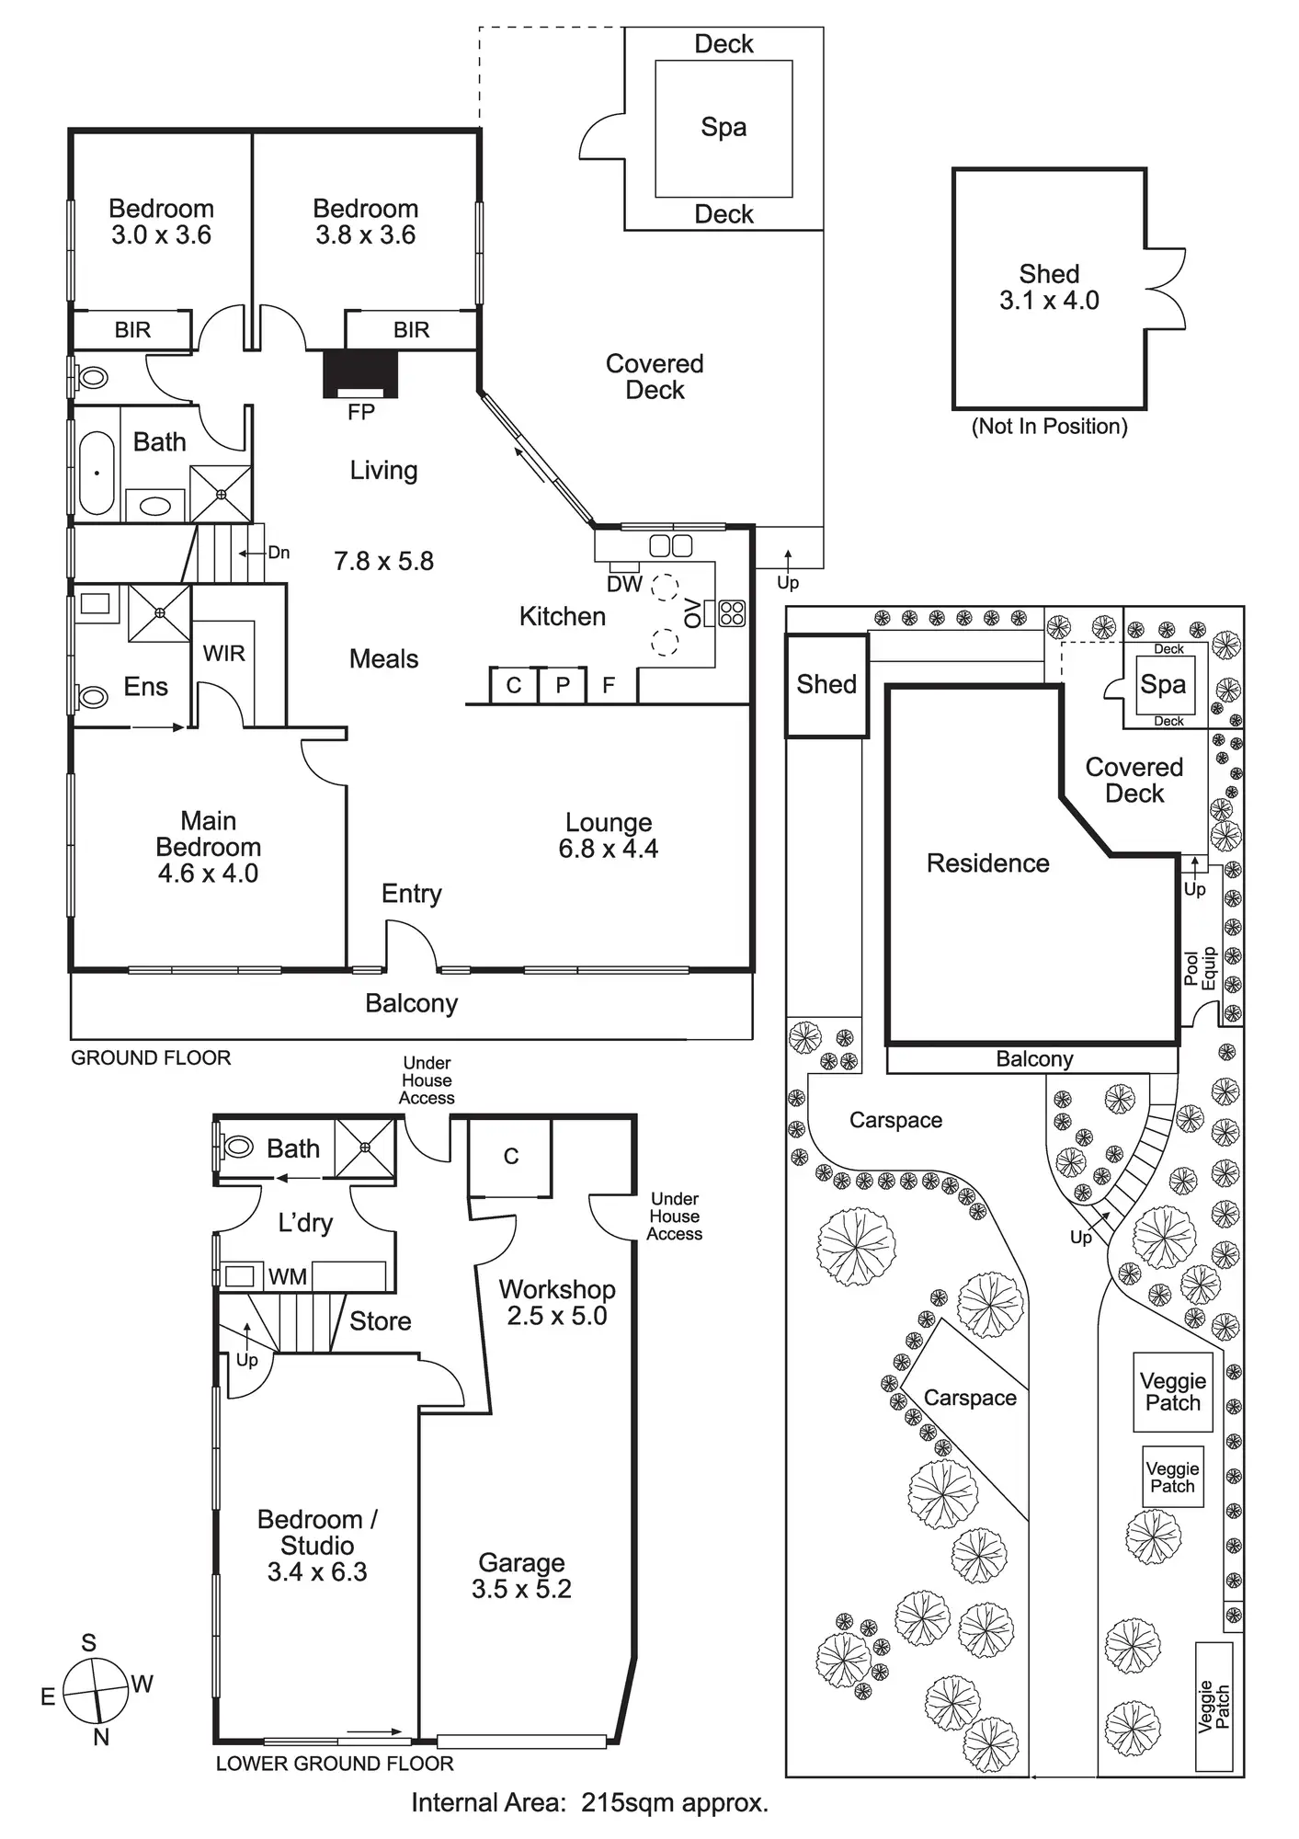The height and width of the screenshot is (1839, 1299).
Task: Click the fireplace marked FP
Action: tap(360, 373)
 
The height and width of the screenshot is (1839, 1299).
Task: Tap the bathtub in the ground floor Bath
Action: tap(96, 473)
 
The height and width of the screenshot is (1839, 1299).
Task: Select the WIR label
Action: tap(223, 654)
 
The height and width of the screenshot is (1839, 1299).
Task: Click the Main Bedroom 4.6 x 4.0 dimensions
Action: tap(208, 873)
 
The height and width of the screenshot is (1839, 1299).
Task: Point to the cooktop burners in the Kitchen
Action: tap(732, 613)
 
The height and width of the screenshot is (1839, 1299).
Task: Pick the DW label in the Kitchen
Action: tap(624, 584)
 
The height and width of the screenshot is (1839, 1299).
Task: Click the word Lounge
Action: tap(609, 822)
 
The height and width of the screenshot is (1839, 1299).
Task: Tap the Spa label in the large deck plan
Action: tap(724, 128)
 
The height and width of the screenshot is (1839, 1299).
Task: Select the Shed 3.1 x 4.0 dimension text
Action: tap(1049, 301)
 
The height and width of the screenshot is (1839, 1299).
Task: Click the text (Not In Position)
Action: tap(1049, 427)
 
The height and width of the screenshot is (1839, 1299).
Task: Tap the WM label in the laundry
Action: tap(287, 1276)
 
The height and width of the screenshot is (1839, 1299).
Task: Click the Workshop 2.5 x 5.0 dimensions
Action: tap(557, 1316)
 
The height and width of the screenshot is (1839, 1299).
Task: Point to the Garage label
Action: tap(521, 1562)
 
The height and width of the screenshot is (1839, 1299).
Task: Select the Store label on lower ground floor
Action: tap(380, 1321)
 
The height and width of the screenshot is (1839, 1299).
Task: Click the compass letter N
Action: tap(101, 1737)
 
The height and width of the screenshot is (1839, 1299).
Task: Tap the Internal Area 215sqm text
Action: tap(589, 1803)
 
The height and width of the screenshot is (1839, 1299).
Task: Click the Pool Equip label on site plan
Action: tap(1201, 969)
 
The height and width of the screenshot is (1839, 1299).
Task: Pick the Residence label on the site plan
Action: tap(987, 863)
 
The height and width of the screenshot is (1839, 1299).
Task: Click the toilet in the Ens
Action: tap(92, 697)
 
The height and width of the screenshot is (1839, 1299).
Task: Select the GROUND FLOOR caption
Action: tap(151, 1058)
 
